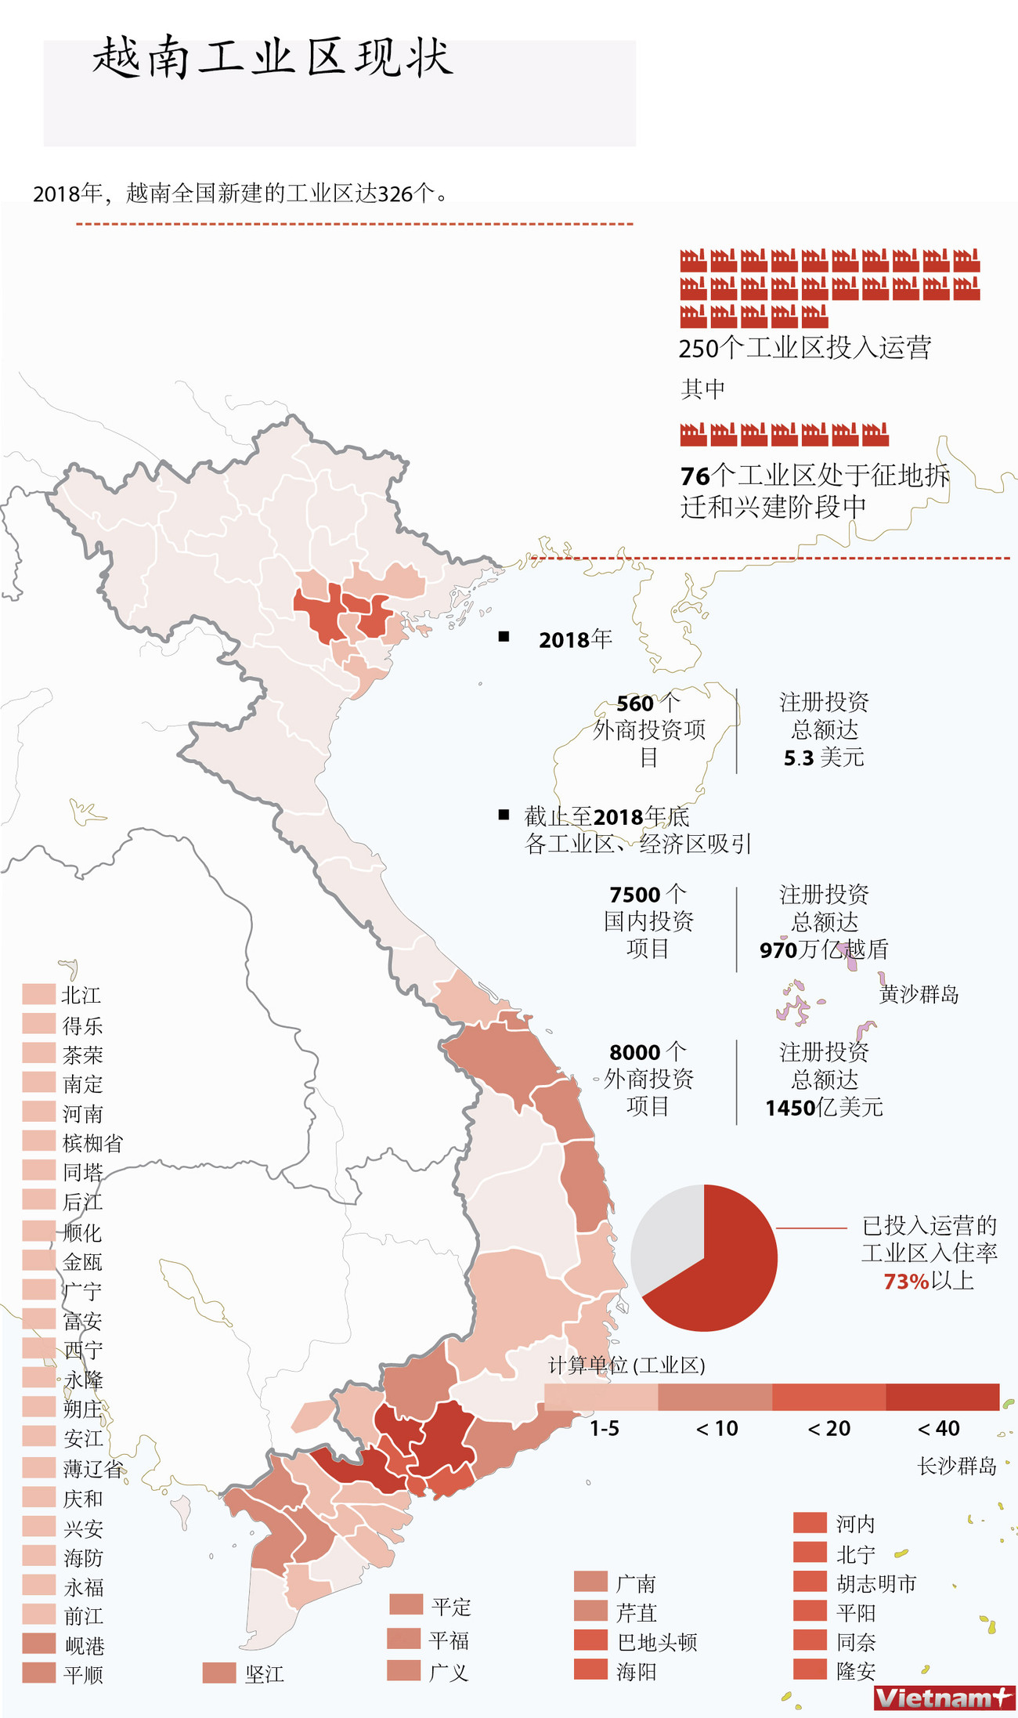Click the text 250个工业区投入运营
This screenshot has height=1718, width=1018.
pos(804,348)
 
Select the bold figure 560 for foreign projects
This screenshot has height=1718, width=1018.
pos(634,703)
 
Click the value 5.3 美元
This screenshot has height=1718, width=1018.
pos(824,758)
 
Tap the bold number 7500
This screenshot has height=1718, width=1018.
pos(634,895)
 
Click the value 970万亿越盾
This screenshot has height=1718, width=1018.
pos(824,950)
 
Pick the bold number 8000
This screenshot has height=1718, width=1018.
pos(634,1052)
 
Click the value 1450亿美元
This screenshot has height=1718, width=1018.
pos(824,1108)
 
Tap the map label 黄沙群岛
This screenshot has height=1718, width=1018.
pos(919,995)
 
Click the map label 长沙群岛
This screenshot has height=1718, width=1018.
pos(956,1467)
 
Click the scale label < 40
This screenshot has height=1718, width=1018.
pos(938,1429)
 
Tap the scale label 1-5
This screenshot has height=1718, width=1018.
pos(604,1429)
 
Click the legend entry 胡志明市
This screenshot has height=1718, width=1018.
pos(875,1584)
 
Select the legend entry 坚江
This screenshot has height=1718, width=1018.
pos(263,1675)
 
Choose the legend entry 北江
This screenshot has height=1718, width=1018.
pos(81,996)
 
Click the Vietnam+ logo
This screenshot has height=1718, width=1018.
pos(943,1698)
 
